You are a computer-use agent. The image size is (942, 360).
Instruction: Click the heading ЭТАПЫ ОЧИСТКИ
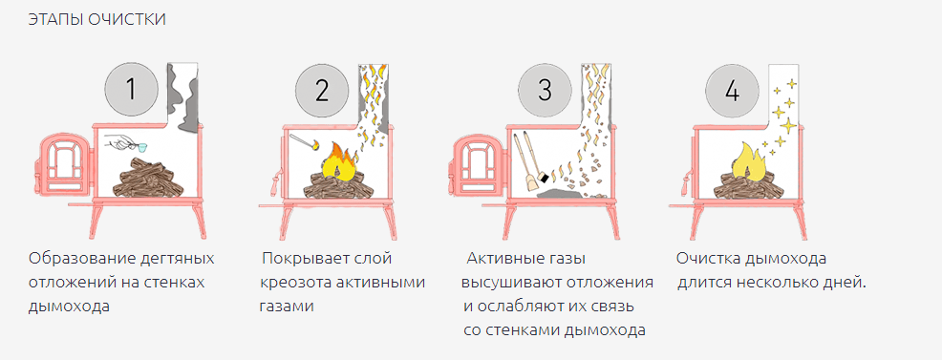pyautogui.click(x=96, y=19)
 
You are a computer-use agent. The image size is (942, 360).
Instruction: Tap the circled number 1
pyautogui.click(x=132, y=90)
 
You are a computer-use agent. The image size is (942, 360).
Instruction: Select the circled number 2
pyautogui.click(x=322, y=90)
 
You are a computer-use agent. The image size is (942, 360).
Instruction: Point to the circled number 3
pyautogui.click(x=545, y=90)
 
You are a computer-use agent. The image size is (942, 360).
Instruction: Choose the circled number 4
pyautogui.click(x=732, y=90)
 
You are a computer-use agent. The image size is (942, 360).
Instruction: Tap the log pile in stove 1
pyautogui.click(x=146, y=178)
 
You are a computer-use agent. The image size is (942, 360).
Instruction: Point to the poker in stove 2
pyautogui.click(x=304, y=143)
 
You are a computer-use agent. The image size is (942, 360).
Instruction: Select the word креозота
pyautogui.click(x=292, y=283)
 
